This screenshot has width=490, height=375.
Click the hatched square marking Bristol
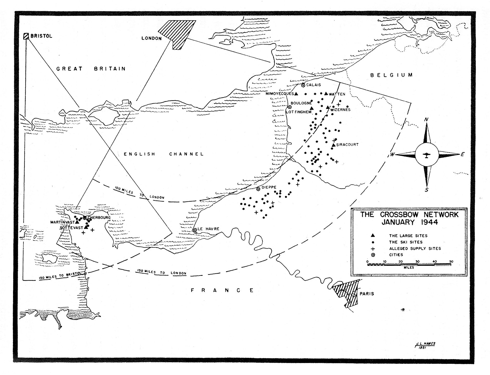pos(26,36)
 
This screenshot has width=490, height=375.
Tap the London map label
pos(152,38)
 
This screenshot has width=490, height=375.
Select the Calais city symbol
pos(303,85)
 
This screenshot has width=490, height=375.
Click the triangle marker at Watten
pos(326,93)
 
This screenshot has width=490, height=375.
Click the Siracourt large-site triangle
pos(334,145)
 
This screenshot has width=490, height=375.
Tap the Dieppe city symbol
pos(258,189)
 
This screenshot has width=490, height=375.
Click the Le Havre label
pos(208,229)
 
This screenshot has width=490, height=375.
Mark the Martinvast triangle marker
pos(77,222)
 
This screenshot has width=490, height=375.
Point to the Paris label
pos(367,294)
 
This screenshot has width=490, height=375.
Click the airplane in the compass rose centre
pos(426,155)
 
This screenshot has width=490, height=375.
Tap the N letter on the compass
pos(426,120)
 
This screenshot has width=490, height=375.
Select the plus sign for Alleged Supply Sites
pos(373,248)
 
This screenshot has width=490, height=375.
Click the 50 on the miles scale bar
pos(451,261)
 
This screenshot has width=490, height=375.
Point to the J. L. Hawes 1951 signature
pos(425,345)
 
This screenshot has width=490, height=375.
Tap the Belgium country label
pos(392,75)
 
